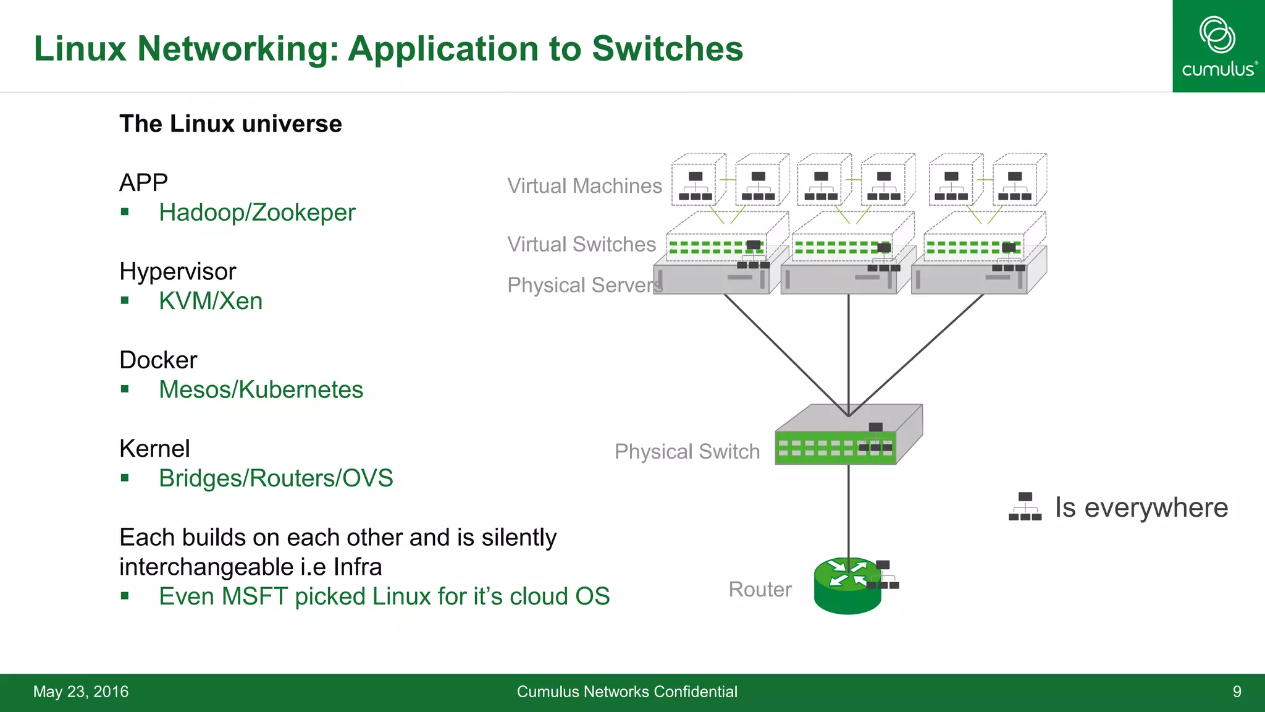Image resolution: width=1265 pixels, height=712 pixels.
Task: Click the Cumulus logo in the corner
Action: tap(1218, 46)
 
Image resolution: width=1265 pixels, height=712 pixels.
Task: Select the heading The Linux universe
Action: tap(230, 124)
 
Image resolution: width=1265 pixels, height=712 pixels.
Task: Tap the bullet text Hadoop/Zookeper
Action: tap(257, 213)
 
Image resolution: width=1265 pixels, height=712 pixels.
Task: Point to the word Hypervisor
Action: tap(178, 272)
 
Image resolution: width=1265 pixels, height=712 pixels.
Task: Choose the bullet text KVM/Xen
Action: tap(211, 301)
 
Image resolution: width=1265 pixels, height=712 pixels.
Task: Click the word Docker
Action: tap(158, 360)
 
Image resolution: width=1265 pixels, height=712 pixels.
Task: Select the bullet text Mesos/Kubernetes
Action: tap(261, 390)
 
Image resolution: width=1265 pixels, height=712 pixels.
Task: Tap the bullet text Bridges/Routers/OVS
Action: tap(275, 478)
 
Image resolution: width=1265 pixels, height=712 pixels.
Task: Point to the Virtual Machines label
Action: tap(584, 186)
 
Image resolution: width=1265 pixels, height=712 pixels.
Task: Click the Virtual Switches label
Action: tap(581, 245)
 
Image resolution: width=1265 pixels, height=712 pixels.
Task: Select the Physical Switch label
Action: tap(687, 452)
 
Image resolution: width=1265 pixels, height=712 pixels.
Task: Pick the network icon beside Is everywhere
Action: tap(1025, 507)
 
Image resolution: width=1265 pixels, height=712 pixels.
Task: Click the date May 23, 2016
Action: tap(81, 692)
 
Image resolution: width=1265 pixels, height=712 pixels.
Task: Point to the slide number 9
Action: tap(1237, 692)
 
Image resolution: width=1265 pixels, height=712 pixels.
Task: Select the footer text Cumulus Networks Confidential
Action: tap(627, 692)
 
